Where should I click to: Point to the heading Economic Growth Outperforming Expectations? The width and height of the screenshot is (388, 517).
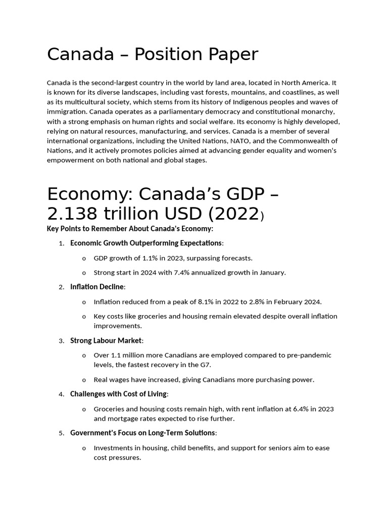click(x=146, y=243)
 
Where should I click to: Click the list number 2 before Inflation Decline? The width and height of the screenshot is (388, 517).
click(x=61, y=287)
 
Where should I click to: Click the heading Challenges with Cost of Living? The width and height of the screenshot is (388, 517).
click(x=119, y=394)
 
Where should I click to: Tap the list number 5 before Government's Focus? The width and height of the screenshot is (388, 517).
click(x=61, y=433)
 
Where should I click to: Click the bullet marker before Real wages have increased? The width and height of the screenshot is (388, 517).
click(x=84, y=380)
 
